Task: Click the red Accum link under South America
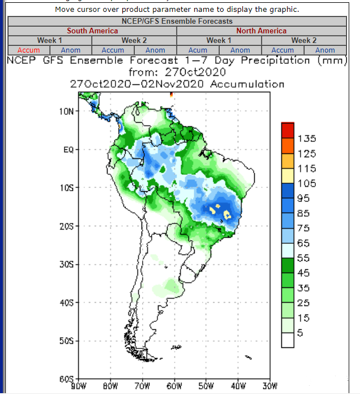click(x=28, y=50)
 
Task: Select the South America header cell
click(x=92, y=31)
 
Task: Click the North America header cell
click(x=261, y=31)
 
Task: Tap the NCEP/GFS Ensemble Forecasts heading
click(x=177, y=21)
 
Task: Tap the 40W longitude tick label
click(x=238, y=386)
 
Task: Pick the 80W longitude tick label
click(x=110, y=386)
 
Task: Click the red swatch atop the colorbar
click(x=288, y=130)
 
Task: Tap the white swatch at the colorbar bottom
click(x=288, y=340)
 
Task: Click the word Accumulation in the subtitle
click(x=247, y=84)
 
